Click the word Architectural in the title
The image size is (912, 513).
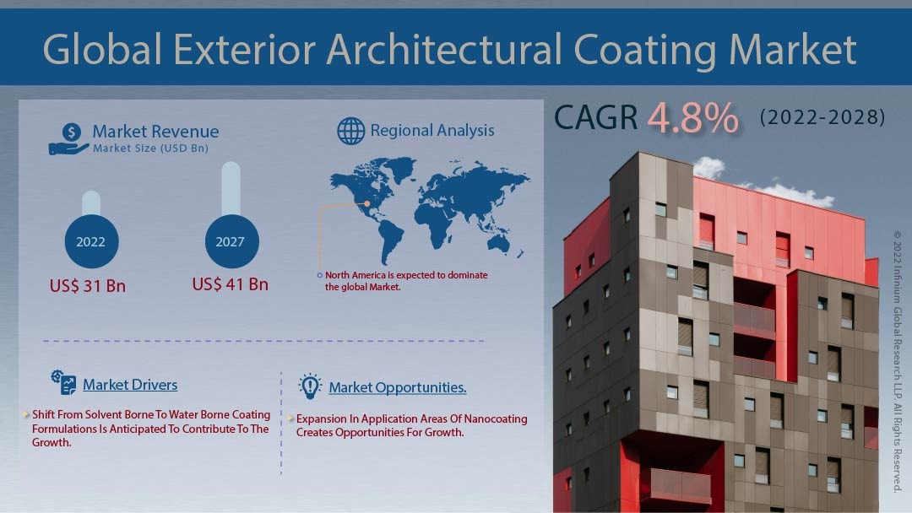[444, 50]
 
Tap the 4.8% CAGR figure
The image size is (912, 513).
[692, 118]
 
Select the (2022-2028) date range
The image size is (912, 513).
[822, 117]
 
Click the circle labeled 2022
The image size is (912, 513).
[91, 241]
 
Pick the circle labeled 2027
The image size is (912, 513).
[231, 241]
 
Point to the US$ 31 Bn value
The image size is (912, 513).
[88, 286]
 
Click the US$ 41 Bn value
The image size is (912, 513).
[231, 284]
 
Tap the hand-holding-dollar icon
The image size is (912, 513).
[68, 139]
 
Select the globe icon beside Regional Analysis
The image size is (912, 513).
[351, 131]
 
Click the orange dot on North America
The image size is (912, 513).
[367, 203]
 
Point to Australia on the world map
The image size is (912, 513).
[498, 243]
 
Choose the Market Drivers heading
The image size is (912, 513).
[130, 385]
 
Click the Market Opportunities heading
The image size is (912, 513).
[398, 387]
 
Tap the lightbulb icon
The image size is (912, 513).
[310, 386]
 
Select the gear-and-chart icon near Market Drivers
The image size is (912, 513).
[63, 382]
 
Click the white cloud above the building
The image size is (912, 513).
[708, 168]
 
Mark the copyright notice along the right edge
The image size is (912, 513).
[898, 362]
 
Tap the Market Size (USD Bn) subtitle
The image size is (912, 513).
[150, 148]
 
